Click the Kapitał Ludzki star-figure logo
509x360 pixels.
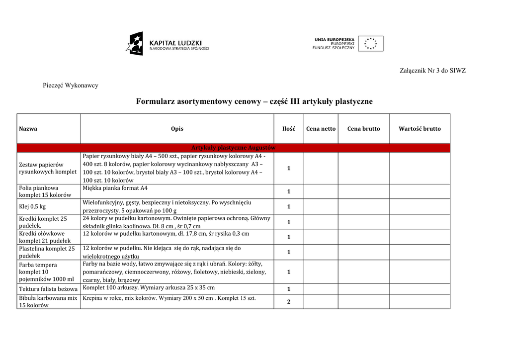(x=134, y=44)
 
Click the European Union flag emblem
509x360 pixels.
(x=370, y=44)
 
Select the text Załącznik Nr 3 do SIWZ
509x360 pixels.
(x=432, y=71)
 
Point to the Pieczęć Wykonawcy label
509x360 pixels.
(x=71, y=86)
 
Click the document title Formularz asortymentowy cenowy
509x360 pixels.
(x=254, y=101)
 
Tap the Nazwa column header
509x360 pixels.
(x=28, y=129)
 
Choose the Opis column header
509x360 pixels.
(x=177, y=129)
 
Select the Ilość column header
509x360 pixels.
(x=289, y=129)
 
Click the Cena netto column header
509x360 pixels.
(x=321, y=129)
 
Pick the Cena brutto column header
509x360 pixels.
(x=363, y=129)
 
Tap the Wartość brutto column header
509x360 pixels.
(x=420, y=129)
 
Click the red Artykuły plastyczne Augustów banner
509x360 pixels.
(x=234, y=148)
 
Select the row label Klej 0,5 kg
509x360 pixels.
(x=33, y=206)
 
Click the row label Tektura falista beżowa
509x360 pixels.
(x=48, y=289)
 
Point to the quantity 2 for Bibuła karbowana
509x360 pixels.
(x=289, y=301)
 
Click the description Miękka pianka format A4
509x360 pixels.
(x=115, y=188)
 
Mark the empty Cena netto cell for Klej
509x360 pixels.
(x=321, y=206)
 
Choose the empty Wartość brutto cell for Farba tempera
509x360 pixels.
(x=420, y=271)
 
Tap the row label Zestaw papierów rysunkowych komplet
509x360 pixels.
(x=48, y=168)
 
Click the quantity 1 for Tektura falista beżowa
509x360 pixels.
(x=289, y=289)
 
